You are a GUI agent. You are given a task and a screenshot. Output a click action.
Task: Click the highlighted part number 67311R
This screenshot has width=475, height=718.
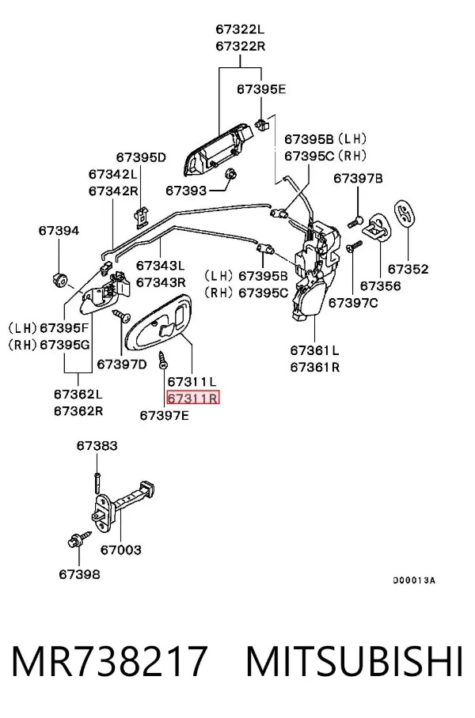coord(193,398)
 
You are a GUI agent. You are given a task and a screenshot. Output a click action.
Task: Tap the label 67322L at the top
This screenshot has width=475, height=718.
coord(240,30)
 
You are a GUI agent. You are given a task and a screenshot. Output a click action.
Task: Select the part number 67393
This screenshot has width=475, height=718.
coord(186,190)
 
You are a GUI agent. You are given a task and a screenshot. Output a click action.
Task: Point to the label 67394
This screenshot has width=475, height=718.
coord(59,231)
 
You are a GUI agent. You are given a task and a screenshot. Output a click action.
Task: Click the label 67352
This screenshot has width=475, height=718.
coord(408,269)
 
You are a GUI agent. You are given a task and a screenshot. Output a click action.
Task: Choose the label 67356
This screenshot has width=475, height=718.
coord(380,285)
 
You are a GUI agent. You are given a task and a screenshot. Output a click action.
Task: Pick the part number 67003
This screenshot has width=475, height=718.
coord(120,550)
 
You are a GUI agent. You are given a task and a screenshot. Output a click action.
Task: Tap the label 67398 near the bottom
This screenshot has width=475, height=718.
coord(79,574)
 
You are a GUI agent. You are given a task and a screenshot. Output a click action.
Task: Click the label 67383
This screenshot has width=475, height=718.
coord(97,445)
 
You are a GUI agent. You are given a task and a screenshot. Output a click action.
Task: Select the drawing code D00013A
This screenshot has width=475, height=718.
coord(414,580)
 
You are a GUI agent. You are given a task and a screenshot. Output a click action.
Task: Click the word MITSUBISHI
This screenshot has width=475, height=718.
coord(354,661)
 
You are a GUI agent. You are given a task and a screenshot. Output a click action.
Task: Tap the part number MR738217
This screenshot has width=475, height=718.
coord(109,661)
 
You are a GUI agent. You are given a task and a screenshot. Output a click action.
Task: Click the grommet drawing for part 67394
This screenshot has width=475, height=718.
coord(59,278)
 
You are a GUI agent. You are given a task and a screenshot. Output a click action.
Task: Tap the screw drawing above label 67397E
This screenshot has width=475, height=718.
coord(162,359)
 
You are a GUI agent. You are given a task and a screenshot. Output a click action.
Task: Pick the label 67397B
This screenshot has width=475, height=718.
coord(358,178)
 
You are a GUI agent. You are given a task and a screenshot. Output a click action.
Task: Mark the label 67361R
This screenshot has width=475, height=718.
coord(315,367)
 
